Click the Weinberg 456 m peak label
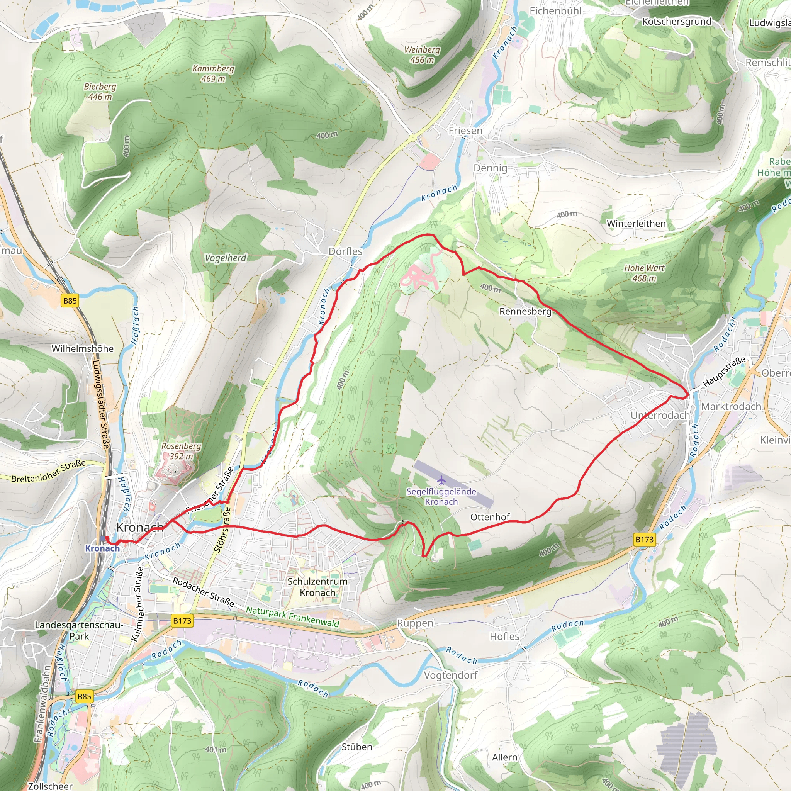(422, 55)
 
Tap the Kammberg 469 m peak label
(213, 74)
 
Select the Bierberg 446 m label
(100, 92)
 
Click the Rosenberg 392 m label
(181, 451)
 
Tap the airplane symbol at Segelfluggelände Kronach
(441, 479)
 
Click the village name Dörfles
(346, 251)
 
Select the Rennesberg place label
(525, 312)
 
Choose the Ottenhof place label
(490, 517)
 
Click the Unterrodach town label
(660, 415)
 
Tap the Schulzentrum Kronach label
(317, 587)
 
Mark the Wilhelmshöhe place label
(82, 348)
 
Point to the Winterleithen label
(636, 224)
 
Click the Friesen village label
(465, 131)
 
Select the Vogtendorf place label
(450, 675)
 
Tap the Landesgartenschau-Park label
(79, 630)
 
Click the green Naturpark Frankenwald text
(292, 616)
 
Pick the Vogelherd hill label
(226, 258)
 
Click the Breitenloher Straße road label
(48, 471)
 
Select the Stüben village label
(356, 747)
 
